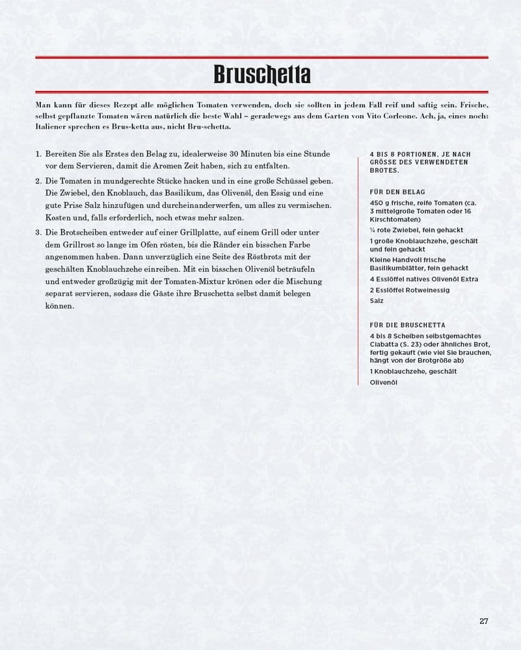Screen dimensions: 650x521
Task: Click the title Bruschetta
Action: (x=261, y=75)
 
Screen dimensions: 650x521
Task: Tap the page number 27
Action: (x=483, y=620)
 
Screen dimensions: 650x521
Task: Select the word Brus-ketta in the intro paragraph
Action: (x=114, y=126)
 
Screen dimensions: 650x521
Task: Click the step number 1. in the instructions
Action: (x=39, y=153)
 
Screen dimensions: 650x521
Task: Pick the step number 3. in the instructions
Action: (x=39, y=232)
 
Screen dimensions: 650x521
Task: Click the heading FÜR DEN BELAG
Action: (x=397, y=192)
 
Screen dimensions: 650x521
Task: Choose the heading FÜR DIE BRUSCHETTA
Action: (x=407, y=324)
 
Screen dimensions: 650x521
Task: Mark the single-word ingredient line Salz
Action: (x=377, y=301)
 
